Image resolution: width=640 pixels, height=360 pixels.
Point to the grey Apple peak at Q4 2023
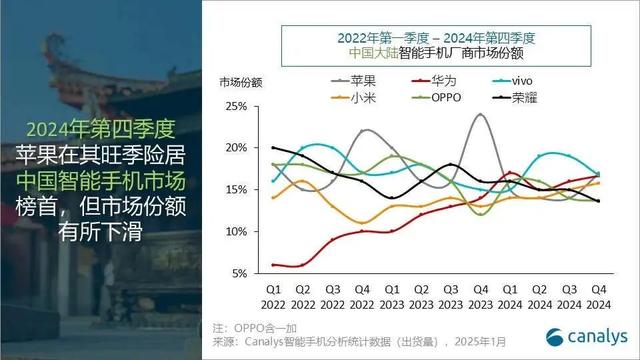point(481,115)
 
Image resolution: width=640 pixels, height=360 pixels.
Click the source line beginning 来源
point(370,342)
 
